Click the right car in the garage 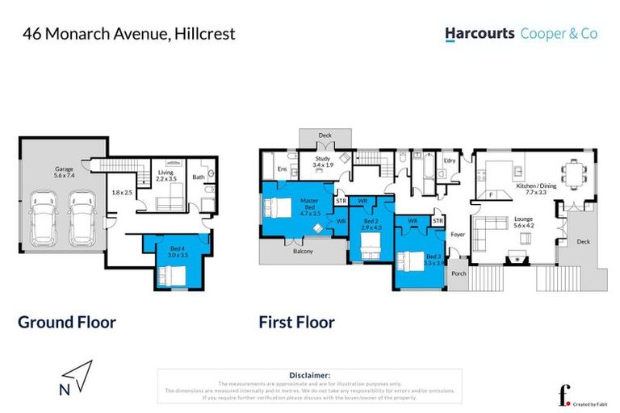pyautogui.click(x=82, y=219)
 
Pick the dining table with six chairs pyautogui.click(x=574, y=172)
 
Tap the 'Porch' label pyautogui.click(x=459, y=273)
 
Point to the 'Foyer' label pyautogui.click(x=458, y=236)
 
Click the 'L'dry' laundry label pyautogui.click(x=450, y=161)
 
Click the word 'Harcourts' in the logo pyautogui.click(x=480, y=34)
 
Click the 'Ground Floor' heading pyautogui.click(x=67, y=323)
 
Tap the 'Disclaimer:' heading pyautogui.click(x=309, y=375)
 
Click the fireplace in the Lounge pyautogui.click(x=512, y=261)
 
